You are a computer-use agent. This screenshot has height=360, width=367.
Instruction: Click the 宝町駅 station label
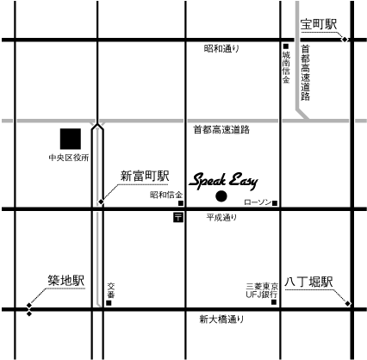(x=319, y=24)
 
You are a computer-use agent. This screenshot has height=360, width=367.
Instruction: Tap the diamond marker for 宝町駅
(x=344, y=40)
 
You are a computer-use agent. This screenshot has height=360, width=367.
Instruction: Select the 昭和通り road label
(x=221, y=49)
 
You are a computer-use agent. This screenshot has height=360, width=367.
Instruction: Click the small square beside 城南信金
(x=286, y=47)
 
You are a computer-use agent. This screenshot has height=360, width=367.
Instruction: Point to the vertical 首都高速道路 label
(x=305, y=73)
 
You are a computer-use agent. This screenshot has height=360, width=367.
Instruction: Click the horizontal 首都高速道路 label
(x=221, y=130)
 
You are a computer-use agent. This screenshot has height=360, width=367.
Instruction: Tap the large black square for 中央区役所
(x=71, y=139)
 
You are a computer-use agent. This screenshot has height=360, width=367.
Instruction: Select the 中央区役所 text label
(x=69, y=158)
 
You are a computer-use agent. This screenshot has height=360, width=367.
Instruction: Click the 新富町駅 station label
(x=145, y=176)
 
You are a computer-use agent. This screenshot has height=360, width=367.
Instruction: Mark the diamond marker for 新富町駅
(x=101, y=202)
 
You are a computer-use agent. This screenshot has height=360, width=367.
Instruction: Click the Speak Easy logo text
(x=224, y=182)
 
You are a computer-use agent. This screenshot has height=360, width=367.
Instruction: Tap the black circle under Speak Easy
(x=221, y=196)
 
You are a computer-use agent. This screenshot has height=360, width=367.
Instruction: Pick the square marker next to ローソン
(x=275, y=203)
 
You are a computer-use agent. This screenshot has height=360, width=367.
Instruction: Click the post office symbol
(x=178, y=217)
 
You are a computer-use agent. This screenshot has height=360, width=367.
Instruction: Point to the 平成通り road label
(x=221, y=218)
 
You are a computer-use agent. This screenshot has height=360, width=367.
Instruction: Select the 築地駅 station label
(x=66, y=281)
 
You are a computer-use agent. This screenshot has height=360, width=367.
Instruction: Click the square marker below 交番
(x=109, y=303)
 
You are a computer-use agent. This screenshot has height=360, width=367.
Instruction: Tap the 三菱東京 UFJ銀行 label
(x=262, y=290)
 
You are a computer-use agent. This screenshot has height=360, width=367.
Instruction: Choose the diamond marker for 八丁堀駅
(x=348, y=303)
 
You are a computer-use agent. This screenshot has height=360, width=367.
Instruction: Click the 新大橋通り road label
(x=221, y=320)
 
